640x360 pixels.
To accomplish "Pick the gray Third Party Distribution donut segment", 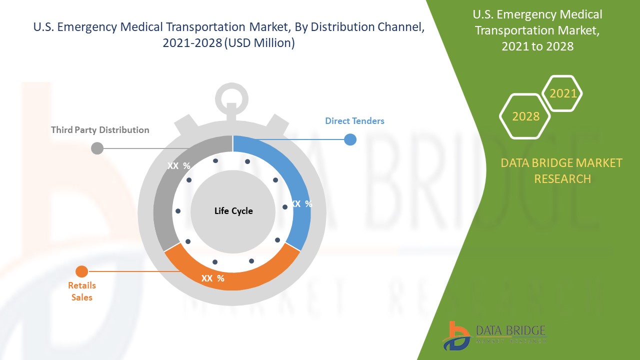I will (165, 200).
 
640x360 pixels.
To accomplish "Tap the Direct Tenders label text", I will (354, 120).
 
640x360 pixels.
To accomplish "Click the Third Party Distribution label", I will (100, 130).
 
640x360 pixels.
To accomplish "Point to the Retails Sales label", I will (82, 291).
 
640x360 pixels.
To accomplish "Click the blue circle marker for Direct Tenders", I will (350, 139).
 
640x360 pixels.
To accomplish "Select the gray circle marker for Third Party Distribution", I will (97, 148).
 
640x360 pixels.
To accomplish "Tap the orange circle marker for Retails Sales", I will (81, 271).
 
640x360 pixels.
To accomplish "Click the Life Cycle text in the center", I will (233, 211).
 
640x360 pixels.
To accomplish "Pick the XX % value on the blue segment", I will (301, 204).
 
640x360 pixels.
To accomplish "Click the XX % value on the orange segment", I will (212, 278).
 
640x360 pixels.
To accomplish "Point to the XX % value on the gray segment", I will (178, 166).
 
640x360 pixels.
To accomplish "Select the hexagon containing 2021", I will (562, 93).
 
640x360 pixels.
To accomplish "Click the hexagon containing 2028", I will (525, 116).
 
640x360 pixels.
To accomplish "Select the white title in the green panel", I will (538, 30).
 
